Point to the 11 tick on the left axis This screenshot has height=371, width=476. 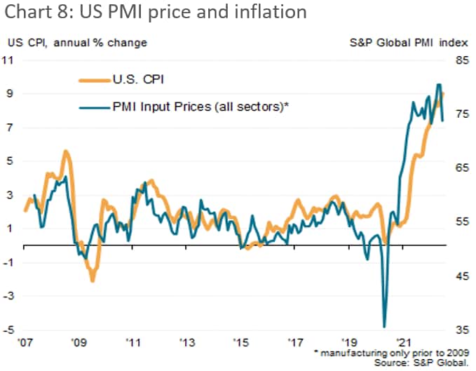11,60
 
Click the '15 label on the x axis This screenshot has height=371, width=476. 241,344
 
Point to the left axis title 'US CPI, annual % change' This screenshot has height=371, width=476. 77,43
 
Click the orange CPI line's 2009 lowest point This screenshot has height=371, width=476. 92,281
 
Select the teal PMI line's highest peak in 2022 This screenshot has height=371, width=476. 439,85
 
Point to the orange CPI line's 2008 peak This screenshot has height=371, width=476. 66,151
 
